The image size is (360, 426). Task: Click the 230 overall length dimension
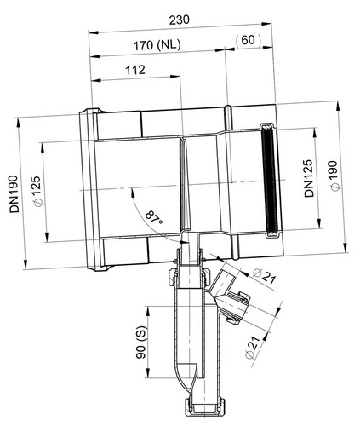(x=179, y=20)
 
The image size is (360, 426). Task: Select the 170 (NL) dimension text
(x=157, y=45)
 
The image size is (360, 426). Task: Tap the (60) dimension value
(x=248, y=40)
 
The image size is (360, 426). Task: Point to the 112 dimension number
(x=135, y=70)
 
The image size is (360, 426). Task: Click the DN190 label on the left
(x=14, y=193)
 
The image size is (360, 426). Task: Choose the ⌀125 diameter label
(x=37, y=192)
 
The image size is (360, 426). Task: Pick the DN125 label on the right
(x=309, y=178)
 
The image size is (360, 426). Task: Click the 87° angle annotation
(x=154, y=218)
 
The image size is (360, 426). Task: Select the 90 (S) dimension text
(x=141, y=343)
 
